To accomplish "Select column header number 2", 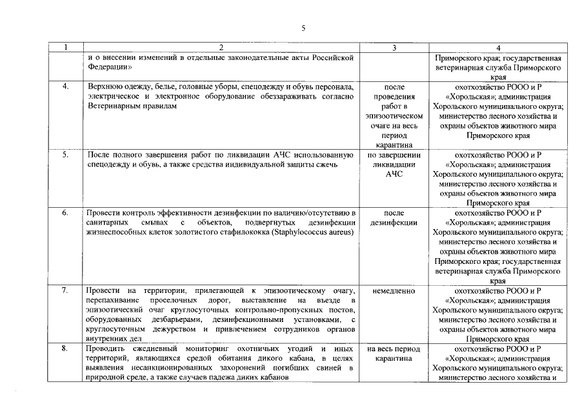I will coord(221,48).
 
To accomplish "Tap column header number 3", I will coord(394,48).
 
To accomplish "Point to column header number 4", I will coord(498,48).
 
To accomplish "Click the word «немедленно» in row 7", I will coord(394,291).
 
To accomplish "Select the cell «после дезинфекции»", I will coord(394,217).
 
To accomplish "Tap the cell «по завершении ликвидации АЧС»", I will coord(394,165).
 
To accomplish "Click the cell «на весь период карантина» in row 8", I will coord(394,354).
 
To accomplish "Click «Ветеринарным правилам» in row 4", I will coord(131,106).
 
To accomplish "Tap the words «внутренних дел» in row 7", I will coord(114,338).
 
